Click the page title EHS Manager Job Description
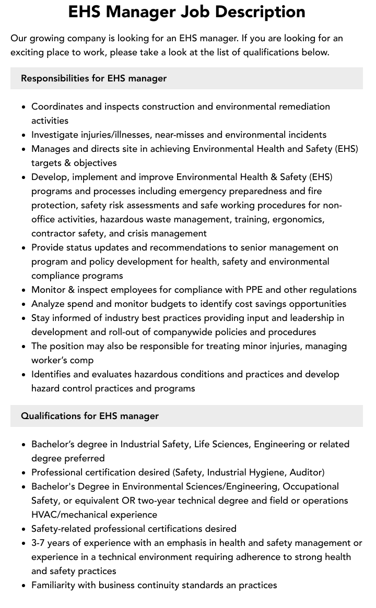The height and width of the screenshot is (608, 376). click(x=187, y=12)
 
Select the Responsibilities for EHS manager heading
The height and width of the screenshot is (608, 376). click(x=93, y=78)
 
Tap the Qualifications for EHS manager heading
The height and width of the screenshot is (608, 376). click(x=90, y=416)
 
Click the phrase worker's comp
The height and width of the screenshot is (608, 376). click(x=63, y=360)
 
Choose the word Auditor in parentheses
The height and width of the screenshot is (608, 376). click(x=305, y=472)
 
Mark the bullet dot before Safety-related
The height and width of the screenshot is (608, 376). click(x=24, y=529)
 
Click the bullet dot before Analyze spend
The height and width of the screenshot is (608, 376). click(x=24, y=304)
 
